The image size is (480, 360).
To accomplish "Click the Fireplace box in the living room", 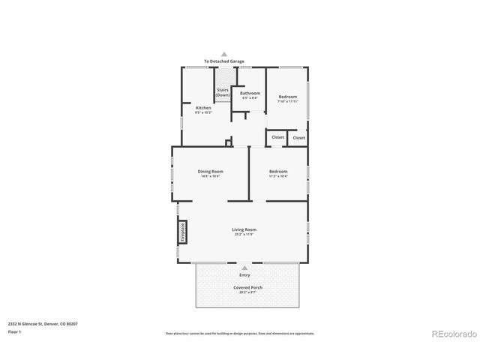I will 182,232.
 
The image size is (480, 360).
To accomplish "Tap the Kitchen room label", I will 203,107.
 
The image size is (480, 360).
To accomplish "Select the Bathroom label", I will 250,93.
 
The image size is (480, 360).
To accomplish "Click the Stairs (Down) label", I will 223,93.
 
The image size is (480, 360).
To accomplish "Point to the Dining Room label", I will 211,171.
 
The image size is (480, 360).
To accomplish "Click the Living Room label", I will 244,229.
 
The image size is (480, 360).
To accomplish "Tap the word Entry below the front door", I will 244,274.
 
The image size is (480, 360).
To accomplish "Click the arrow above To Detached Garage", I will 223,54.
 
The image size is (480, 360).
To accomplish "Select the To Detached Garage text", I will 223,61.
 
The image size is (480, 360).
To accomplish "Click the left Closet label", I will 277,137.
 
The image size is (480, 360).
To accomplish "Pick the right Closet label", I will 298,137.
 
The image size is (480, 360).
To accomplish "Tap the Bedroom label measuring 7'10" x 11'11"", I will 288,97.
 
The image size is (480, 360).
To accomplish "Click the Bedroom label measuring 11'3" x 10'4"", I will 278,171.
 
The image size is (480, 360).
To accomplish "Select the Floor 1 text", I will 13,331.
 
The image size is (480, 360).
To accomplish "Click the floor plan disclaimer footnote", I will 240,333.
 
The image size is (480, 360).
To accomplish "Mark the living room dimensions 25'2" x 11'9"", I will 244,235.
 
